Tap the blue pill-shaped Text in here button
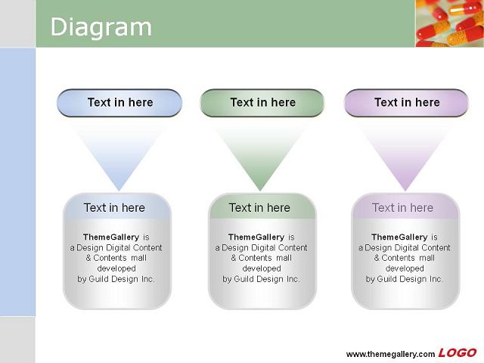pos(119,103)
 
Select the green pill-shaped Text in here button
pos(262,103)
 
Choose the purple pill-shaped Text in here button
pos(406,103)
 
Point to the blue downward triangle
pos(119,148)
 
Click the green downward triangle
pos(260,148)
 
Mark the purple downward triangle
pos(405,148)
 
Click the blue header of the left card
pos(117,206)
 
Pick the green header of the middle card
pos(262,206)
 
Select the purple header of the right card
pos(405,206)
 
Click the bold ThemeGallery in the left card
pos(111,237)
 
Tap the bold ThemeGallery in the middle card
pos(256,237)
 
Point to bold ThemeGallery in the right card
pos(399,237)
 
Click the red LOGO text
pos(458,353)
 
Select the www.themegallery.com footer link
pos(390,354)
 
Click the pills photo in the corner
pos(450,23)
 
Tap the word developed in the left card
pos(116,268)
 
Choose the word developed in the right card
pos(405,268)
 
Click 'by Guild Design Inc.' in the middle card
pos(261,279)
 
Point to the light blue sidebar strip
pos(17,182)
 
